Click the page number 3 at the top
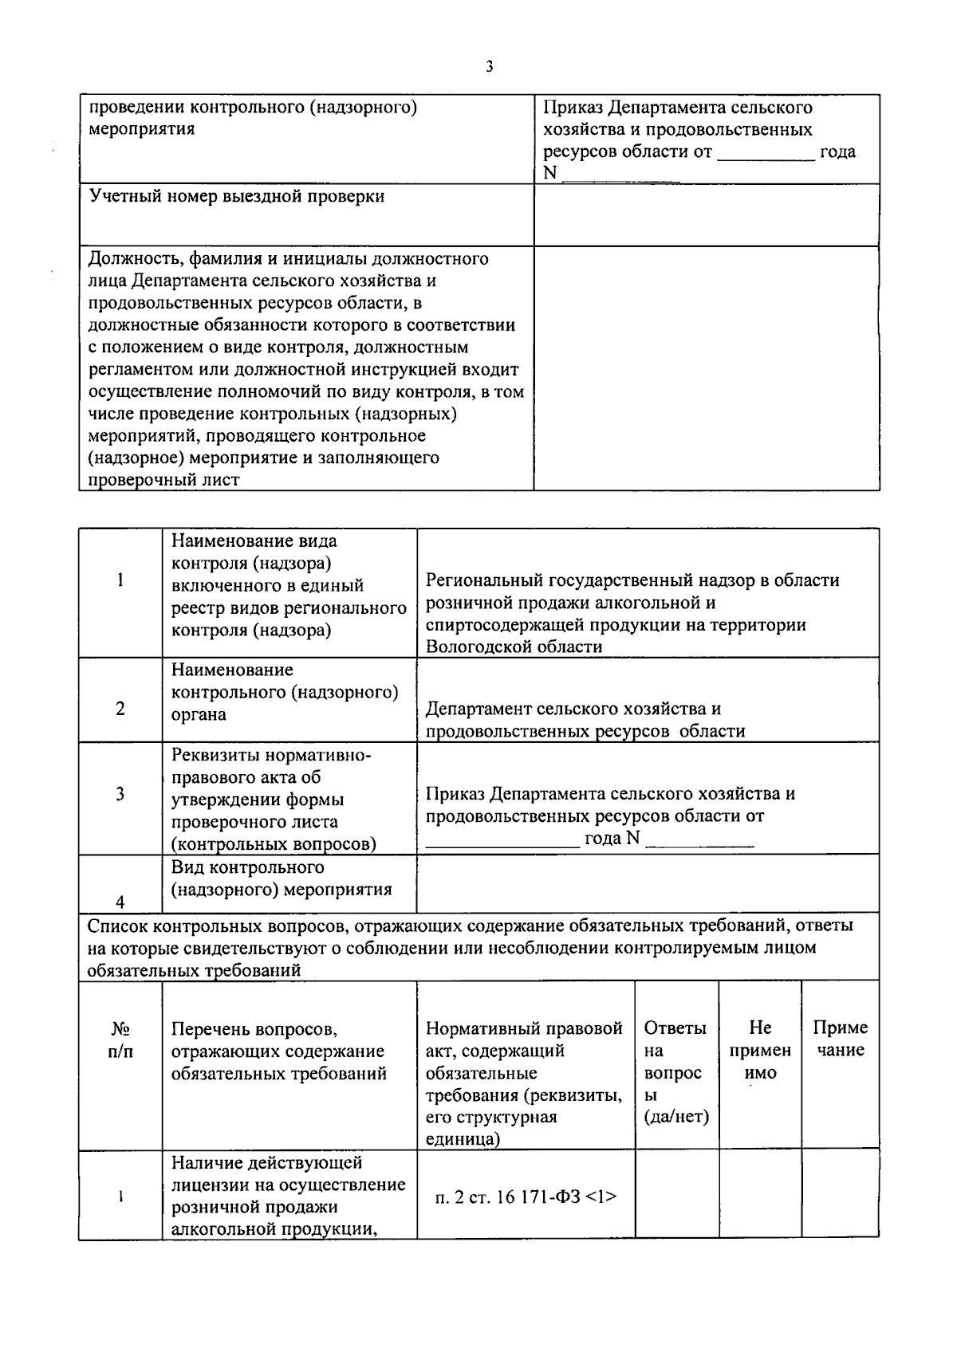pos(489,67)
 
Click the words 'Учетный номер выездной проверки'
pos(237,197)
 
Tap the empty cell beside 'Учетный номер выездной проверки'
pos(706,214)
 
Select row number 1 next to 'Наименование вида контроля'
pos(120,580)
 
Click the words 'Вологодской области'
pos(514,646)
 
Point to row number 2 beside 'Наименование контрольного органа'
pos(120,708)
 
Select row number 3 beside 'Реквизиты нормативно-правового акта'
pos(120,794)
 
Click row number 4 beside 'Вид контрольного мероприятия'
pos(120,902)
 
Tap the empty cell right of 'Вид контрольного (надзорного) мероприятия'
pos(647,883)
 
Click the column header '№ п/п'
pos(120,1039)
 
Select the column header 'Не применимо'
pos(760,1050)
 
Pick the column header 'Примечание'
pos(840,1039)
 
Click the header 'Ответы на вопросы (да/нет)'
pos(675,1072)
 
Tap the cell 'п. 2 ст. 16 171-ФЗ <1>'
pos(526,1197)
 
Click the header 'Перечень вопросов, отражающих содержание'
pos(278,1051)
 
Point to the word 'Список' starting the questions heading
pos(116,926)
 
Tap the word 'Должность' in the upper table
pos(128,259)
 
